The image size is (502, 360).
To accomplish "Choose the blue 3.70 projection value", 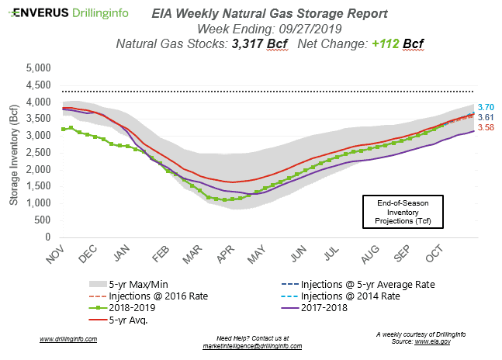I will pyautogui.click(x=486, y=107).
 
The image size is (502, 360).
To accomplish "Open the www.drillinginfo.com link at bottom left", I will pyautogui.click(x=68, y=339).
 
